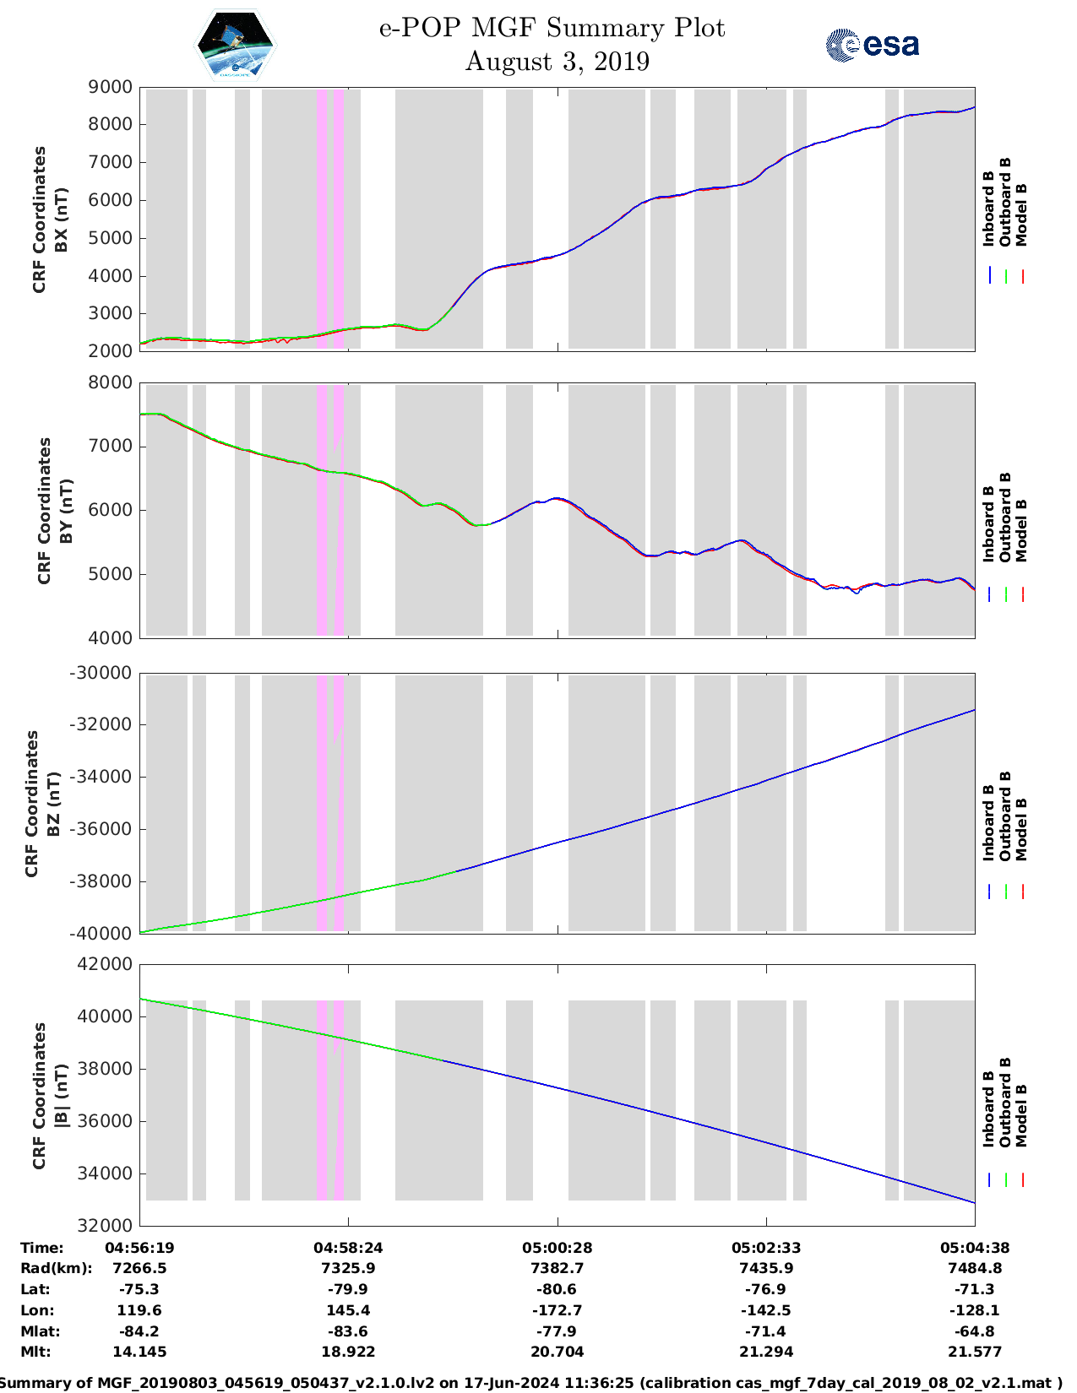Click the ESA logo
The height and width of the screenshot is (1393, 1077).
point(873,45)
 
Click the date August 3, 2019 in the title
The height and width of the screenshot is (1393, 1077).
point(557,62)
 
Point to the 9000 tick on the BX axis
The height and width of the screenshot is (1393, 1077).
point(111,87)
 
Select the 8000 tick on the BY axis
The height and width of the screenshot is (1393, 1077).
point(111,382)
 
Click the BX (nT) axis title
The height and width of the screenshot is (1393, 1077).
point(60,220)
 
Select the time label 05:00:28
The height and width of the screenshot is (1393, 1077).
point(557,1248)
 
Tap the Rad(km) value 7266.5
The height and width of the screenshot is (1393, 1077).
point(139,1268)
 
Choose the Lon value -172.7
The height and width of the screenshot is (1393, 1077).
point(557,1310)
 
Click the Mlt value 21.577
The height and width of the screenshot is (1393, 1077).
point(975,1352)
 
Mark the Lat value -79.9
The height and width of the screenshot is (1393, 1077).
point(348,1289)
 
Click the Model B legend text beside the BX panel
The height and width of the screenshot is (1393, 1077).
point(1021,214)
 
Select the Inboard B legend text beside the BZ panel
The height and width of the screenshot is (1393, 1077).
point(988,822)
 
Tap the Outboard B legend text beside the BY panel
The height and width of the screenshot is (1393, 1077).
point(1005,517)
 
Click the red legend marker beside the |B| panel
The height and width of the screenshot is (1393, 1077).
point(1022,1180)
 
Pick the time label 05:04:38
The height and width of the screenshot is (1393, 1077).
point(975,1248)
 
